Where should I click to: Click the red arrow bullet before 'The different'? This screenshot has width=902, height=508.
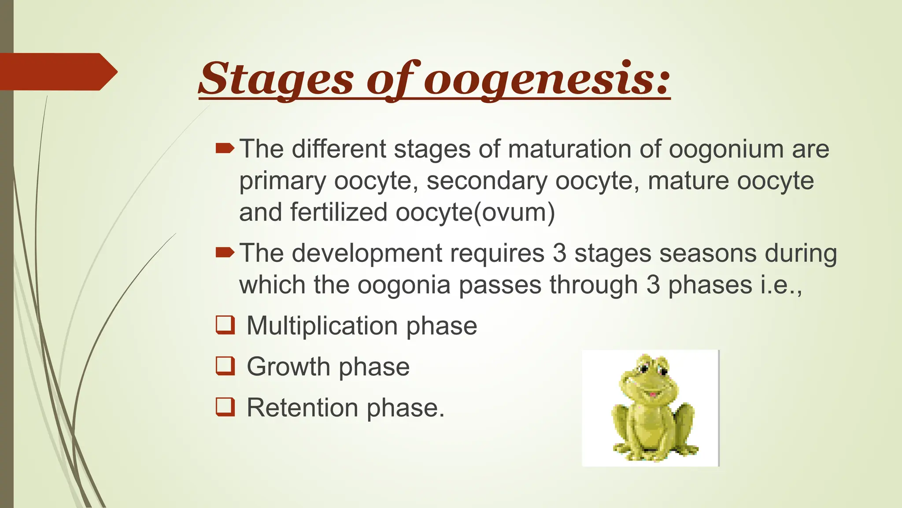(x=225, y=149)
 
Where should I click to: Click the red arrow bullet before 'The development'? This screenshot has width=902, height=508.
(x=225, y=253)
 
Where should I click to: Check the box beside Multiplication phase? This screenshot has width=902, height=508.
(x=225, y=325)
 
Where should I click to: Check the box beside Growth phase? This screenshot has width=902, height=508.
(x=225, y=366)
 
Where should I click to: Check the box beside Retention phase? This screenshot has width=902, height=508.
(x=225, y=407)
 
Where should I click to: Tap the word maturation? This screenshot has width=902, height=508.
(x=569, y=149)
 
